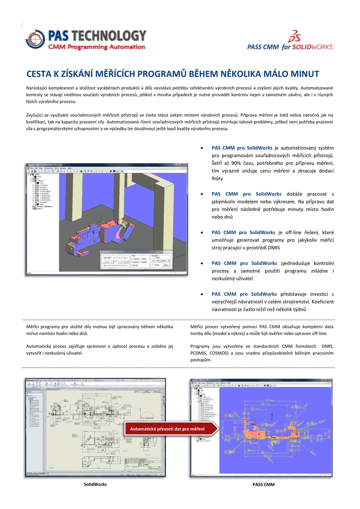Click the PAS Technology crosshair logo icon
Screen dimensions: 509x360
pos(36,39)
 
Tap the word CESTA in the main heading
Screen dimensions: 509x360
pos(40,74)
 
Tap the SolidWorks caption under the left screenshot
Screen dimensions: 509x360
pos(95,484)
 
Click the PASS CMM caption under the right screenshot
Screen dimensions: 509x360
pos(264,485)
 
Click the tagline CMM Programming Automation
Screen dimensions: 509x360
pos(97,47)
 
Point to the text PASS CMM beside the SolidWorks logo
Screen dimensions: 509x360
pos(263,47)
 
